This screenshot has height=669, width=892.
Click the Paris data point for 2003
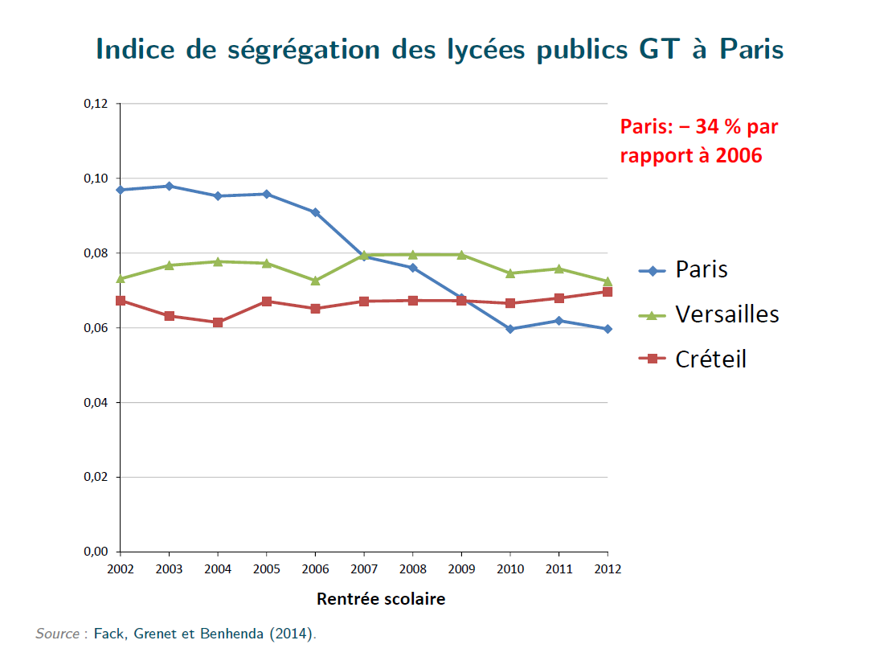[169, 186]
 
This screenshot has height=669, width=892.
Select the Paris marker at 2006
[315, 212]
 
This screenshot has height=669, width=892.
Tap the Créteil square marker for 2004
[218, 322]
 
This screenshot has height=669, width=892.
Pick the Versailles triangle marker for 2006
[315, 280]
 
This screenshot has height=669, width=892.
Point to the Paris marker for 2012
[608, 329]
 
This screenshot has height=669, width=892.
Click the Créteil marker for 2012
[608, 292]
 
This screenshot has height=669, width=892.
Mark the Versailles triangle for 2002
[121, 278]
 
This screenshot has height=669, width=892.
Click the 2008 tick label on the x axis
[412, 569]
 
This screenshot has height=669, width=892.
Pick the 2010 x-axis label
[510, 569]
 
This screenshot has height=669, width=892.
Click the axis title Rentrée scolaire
[380, 599]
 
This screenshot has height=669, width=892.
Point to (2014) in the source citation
[293, 634]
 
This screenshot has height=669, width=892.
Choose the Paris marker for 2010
[510, 329]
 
